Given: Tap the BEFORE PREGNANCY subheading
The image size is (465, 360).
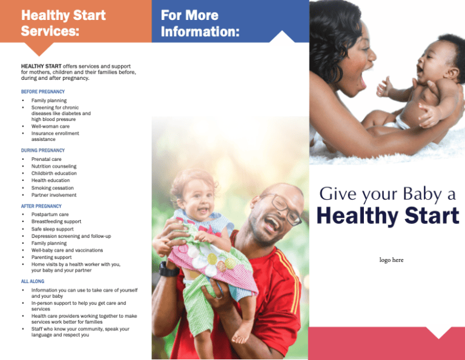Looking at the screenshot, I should pyautogui.click(x=42, y=91).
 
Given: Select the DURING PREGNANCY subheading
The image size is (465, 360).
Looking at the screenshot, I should pyautogui.click(x=42, y=150).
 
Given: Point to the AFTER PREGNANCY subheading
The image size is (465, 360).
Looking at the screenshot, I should pyautogui.click(x=41, y=206).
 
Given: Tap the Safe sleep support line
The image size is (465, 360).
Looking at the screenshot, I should pyautogui.click(x=52, y=229).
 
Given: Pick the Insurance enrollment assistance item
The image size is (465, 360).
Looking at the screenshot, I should pyautogui.click(x=55, y=136).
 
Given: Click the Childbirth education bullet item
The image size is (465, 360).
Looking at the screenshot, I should pyautogui.click(x=54, y=173).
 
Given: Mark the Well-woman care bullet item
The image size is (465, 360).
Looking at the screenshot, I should pyautogui.click(x=50, y=126).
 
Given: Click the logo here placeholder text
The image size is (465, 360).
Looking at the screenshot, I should pyautogui.click(x=391, y=260).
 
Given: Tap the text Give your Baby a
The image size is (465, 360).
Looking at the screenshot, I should pyautogui.click(x=387, y=194).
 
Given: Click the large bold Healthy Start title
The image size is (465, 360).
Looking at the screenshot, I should pyautogui.click(x=387, y=216).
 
